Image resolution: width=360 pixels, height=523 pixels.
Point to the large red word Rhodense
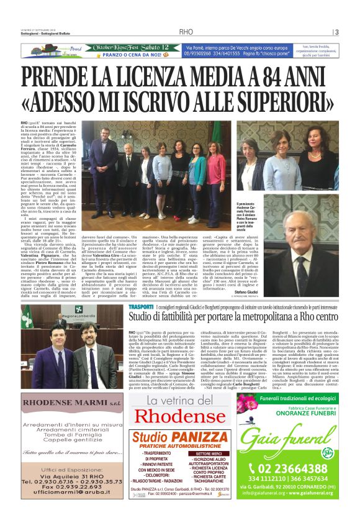180,416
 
